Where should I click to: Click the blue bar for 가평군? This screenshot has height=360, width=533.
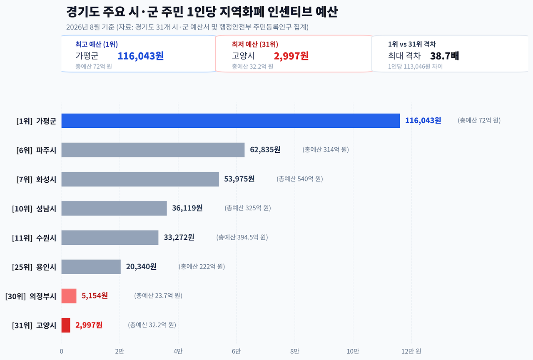click(231, 121)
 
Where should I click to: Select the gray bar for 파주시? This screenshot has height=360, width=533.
click(153, 150)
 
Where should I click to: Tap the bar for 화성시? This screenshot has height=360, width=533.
click(140, 179)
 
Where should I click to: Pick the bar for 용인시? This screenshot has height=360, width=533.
click(91, 267)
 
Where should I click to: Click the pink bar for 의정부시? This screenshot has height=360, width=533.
click(69, 296)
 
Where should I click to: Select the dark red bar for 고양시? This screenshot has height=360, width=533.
click(66, 325)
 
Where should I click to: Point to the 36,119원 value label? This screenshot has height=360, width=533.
click(187, 208)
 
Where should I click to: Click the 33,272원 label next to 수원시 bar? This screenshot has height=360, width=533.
click(179, 237)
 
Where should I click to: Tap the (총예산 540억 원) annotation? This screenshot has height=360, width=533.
click(300, 179)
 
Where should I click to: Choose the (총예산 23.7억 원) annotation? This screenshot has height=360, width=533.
click(158, 295)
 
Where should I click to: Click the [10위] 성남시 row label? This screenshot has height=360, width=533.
click(34, 209)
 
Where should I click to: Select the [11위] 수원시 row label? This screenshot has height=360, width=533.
click(34, 238)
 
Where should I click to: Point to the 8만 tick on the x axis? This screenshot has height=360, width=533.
click(294, 351)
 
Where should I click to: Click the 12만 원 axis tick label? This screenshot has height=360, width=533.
click(411, 351)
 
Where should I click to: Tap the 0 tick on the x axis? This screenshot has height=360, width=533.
click(61, 351)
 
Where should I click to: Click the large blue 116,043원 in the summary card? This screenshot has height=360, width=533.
click(141, 56)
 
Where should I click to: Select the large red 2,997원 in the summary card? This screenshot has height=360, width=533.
click(291, 56)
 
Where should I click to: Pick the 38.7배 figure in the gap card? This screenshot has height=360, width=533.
click(444, 56)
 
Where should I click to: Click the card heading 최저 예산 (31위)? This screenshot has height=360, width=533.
click(255, 44)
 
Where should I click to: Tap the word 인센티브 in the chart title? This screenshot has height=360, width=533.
click(289, 12)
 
